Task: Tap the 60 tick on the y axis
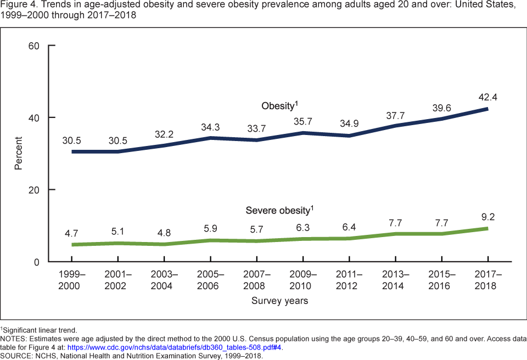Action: (x=34, y=46)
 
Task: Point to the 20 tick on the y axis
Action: (x=34, y=190)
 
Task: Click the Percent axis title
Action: (x=19, y=154)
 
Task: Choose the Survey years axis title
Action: (x=279, y=301)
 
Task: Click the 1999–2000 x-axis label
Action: (x=69, y=279)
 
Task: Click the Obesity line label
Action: (x=279, y=105)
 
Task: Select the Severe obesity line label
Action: (x=279, y=210)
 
